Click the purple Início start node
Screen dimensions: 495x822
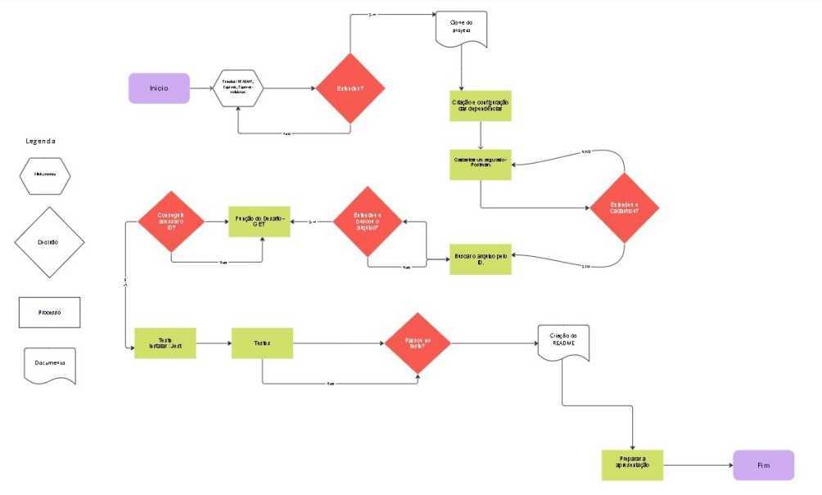tap(159, 88)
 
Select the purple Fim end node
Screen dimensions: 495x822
tap(763, 465)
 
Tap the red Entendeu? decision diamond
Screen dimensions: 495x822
tap(350, 88)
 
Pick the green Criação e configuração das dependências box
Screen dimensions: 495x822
tap(481, 106)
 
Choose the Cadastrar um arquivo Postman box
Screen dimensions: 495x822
tap(481, 164)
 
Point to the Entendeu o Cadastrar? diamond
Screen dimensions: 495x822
tap(625, 208)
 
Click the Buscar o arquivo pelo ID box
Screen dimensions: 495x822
tap(481, 259)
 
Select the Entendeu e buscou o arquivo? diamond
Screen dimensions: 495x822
tap(367, 221)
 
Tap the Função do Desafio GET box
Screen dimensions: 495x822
tap(259, 221)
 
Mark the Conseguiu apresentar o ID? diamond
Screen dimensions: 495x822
tap(171, 220)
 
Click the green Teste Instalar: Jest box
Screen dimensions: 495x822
tap(165, 343)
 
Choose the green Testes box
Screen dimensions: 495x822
tap(262, 343)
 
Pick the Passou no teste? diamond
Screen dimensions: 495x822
tap(418, 343)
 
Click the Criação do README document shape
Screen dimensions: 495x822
tap(563, 344)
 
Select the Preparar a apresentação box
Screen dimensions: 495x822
tap(632, 465)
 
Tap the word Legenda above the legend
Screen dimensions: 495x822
tap(40, 141)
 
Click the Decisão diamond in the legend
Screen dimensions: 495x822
tap(49, 242)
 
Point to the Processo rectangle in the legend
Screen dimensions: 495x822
tap(49, 313)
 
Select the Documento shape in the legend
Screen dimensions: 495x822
tap(49, 364)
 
